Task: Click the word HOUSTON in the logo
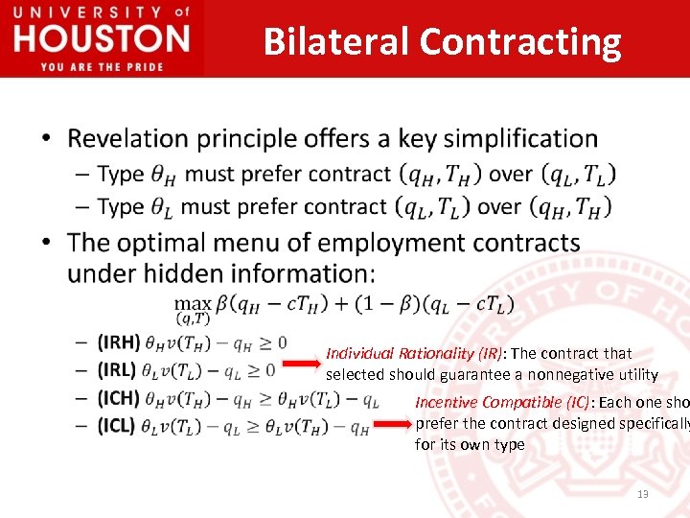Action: [103, 40]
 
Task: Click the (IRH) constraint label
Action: [119, 341]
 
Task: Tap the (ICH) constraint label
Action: [119, 397]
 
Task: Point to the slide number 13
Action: [642, 494]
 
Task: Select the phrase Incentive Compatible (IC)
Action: [502, 402]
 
